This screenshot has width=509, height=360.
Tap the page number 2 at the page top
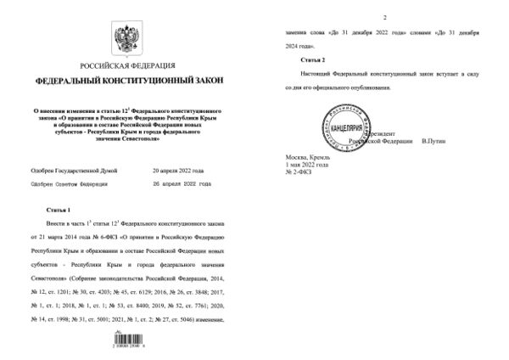[x=384, y=17]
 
